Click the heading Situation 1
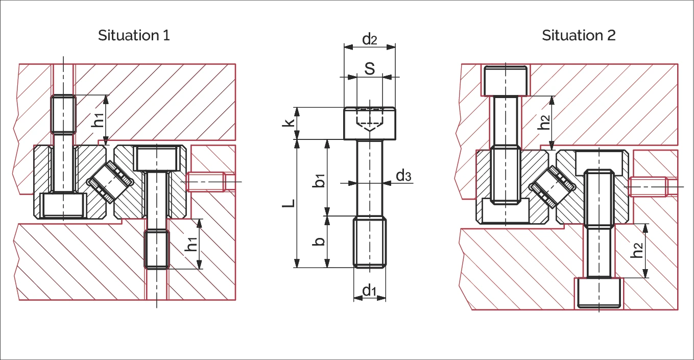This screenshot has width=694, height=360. pos(134,35)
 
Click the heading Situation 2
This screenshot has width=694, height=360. pos(579,35)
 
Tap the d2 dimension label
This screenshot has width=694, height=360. pos(370,39)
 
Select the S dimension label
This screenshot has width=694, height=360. pos(370,68)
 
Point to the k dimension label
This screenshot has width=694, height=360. pos(288,123)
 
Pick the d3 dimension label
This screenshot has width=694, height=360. pos(403,176)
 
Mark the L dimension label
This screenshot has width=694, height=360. pos(289,203)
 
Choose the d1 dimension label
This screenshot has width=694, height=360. pos(369,291)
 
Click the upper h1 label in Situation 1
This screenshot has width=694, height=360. pos(98,120)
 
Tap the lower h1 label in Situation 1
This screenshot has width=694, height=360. pos(191,244)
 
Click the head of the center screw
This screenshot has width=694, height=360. pos(370,123)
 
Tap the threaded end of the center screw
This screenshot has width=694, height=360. pos(370,242)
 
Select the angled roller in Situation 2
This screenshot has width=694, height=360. pos(552,187)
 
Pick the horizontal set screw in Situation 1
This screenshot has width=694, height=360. pos(206,182)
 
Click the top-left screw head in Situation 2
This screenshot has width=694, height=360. pos(506,81)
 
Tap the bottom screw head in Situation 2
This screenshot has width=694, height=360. pos(599,293)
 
